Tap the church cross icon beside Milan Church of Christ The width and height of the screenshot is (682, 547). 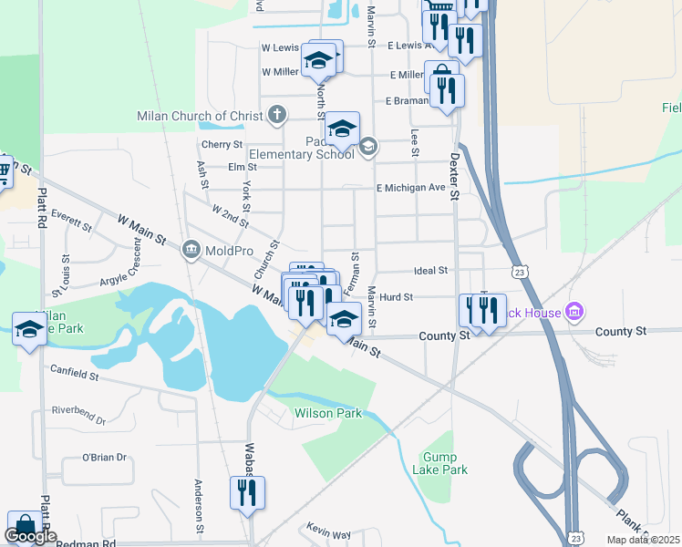point(277,116)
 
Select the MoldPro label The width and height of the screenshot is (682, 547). point(223,249)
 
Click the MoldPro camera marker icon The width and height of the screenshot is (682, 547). point(191,249)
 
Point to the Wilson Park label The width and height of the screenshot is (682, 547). point(327,413)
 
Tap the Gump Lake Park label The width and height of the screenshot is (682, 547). point(445,463)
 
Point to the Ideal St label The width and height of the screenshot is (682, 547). point(430,271)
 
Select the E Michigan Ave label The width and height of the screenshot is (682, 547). point(411,188)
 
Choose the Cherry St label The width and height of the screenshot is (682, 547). point(222,144)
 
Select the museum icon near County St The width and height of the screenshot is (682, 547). point(574,313)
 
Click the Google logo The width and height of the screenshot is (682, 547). point(30,536)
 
